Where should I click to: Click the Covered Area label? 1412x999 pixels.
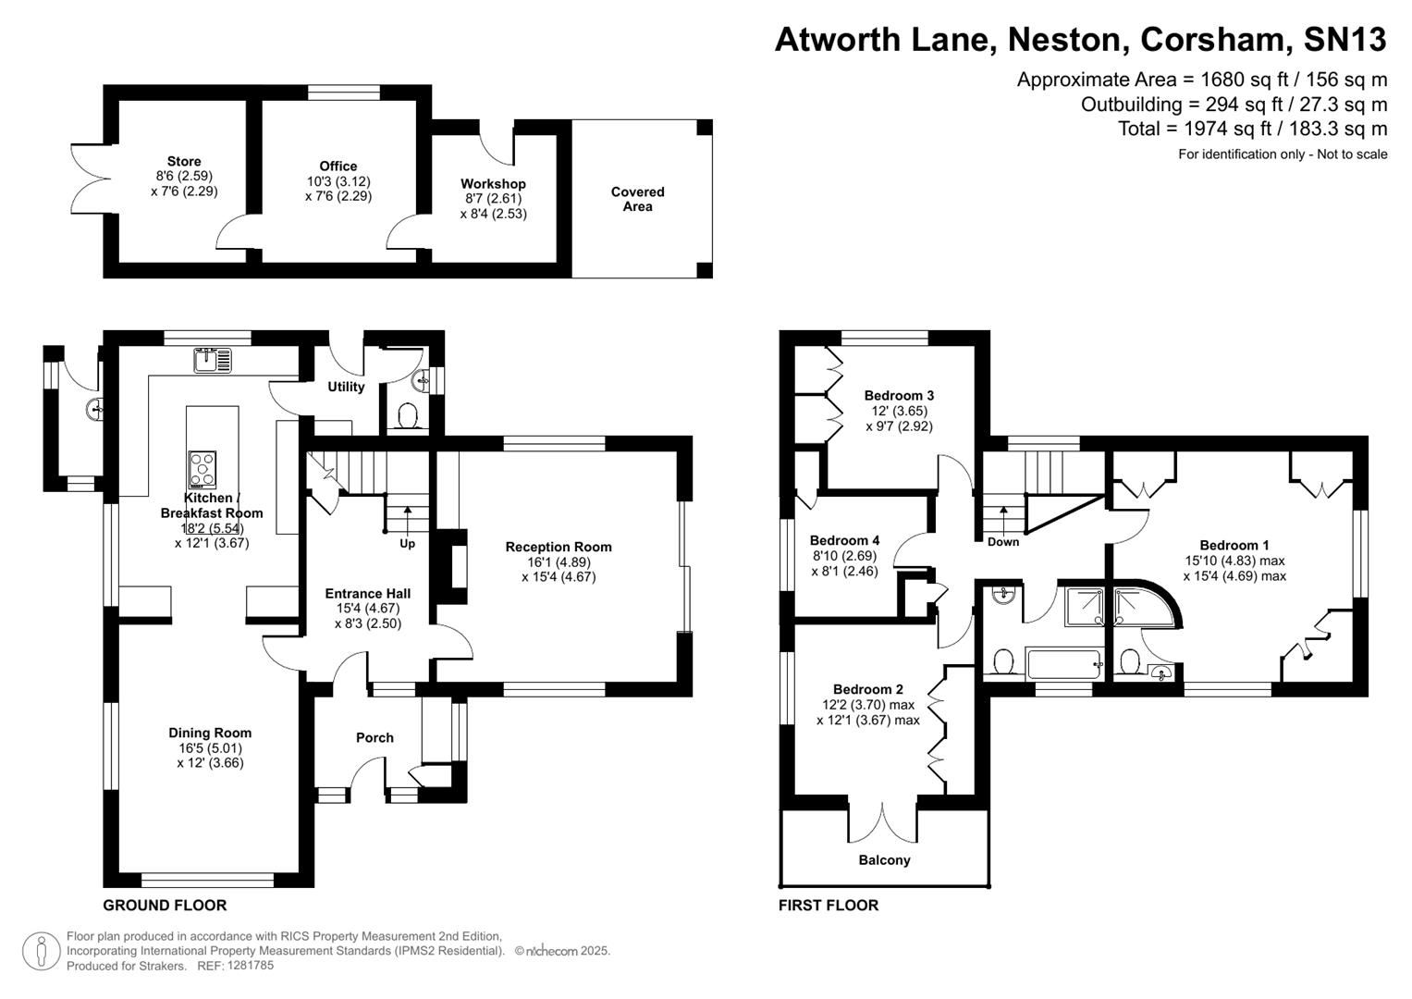(x=637, y=199)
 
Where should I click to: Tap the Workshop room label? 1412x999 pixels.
(x=493, y=184)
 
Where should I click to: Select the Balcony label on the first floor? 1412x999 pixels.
(x=884, y=860)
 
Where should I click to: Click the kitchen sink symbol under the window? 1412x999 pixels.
(x=213, y=360)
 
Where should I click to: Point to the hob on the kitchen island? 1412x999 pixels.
(x=203, y=469)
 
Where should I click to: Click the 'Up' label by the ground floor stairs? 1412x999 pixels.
(x=407, y=544)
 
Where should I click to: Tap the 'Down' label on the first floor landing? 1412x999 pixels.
(x=1002, y=542)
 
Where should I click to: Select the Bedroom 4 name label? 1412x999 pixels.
(x=844, y=541)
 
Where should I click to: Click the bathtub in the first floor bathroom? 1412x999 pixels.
(x=1063, y=664)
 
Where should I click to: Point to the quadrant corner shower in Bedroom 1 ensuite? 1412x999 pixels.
(x=1144, y=606)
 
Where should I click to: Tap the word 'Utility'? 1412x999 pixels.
(x=346, y=387)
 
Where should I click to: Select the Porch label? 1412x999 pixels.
(x=374, y=737)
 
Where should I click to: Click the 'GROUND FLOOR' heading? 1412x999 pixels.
(x=165, y=906)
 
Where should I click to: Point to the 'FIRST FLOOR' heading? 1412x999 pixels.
(x=829, y=906)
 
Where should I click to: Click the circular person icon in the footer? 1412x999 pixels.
(x=41, y=951)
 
